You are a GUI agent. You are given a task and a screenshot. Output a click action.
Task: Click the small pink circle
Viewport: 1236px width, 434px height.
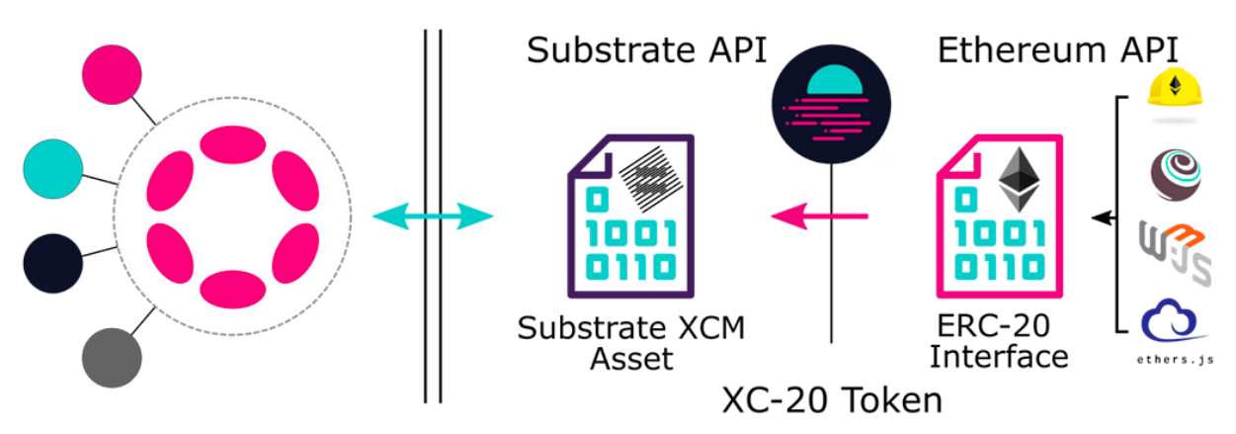point(112,74)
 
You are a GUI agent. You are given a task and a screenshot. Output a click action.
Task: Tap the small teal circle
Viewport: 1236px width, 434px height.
point(52,169)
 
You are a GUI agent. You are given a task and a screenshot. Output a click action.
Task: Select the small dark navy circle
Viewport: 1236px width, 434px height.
point(52,264)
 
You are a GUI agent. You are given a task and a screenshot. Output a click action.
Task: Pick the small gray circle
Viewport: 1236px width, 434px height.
point(112,358)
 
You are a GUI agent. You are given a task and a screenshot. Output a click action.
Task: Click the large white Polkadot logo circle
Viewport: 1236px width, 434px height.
point(232,216)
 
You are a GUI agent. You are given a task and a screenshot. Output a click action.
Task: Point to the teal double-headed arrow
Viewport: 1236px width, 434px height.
point(433,216)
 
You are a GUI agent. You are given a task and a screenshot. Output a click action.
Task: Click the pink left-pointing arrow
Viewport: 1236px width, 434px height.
point(819,215)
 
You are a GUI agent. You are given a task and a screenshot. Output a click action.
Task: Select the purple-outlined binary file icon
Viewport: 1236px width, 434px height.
point(630,217)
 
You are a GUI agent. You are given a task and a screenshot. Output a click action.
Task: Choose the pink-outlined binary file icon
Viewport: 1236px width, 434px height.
point(1000,217)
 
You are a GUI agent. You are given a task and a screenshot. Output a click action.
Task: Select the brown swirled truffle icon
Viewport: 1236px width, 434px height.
point(1175,174)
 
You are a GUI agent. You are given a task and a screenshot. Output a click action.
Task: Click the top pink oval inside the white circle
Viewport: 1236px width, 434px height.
point(232,143)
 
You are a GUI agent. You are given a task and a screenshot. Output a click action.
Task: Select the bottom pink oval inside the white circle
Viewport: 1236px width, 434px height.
point(232,289)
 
